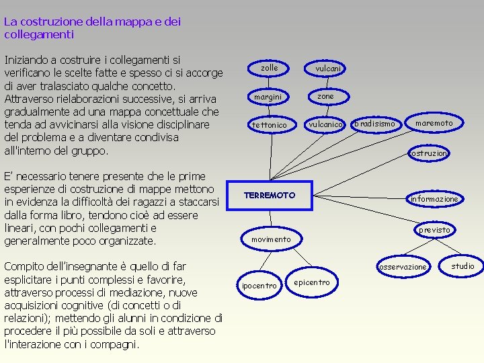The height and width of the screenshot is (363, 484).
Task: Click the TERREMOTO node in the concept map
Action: (x=270, y=195)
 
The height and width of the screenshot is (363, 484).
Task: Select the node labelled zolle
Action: (x=269, y=68)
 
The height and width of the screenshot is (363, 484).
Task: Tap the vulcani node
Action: (x=328, y=69)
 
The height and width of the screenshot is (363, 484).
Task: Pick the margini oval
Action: (x=268, y=97)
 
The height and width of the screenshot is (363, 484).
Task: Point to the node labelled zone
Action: (x=325, y=97)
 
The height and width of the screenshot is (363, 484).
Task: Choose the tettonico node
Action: (x=269, y=125)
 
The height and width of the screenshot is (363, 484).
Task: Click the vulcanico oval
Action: (x=326, y=124)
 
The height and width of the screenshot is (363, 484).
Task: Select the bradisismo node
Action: (x=374, y=124)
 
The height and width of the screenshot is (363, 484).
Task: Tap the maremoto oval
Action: (x=434, y=124)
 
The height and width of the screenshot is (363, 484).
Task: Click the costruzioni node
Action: (x=429, y=153)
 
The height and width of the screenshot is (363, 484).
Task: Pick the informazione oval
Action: (x=434, y=198)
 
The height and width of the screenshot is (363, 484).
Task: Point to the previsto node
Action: (x=434, y=230)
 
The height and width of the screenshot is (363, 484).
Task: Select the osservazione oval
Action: (x=403, y=267)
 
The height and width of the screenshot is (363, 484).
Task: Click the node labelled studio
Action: (x=462, y=266)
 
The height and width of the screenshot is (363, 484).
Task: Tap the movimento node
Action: (x=271, y=239)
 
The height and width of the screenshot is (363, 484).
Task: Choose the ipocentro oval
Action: (x=259, y=286)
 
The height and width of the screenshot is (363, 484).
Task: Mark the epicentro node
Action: (x=312, y=282)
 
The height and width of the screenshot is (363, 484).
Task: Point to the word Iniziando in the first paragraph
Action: (x=31, y=61)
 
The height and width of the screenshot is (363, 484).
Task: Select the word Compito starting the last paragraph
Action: (x=28, y=267)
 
